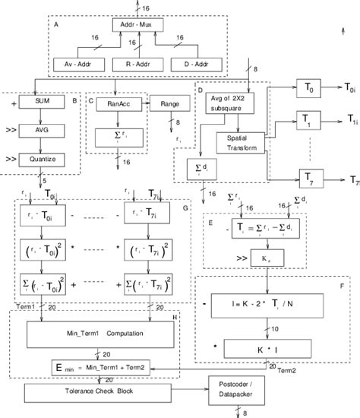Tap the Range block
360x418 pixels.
click(164, 100)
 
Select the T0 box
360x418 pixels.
click(308, 89)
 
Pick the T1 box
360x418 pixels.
click(308, 122)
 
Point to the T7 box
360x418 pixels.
click(308, 179)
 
